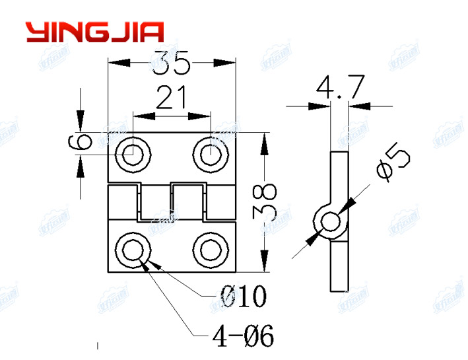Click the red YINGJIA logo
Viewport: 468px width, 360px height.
click(94, 32)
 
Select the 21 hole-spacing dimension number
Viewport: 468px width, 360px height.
click(171, 99)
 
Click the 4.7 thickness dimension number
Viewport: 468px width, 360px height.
click(338, 88)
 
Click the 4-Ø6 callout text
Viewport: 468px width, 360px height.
click(242, 336)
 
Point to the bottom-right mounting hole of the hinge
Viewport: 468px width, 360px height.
click(210, 250)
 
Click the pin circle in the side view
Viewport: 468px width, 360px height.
click(329, 223)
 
